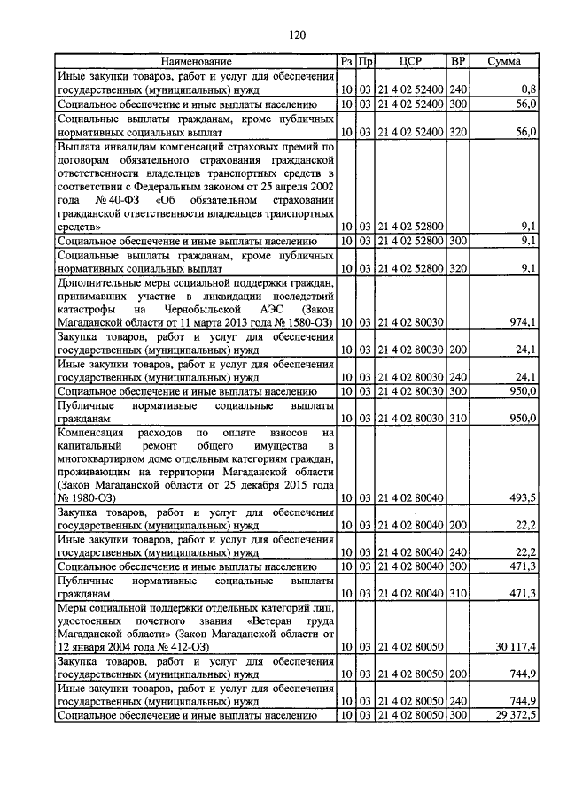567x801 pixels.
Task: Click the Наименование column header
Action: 196,62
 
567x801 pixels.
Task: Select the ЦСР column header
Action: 410,62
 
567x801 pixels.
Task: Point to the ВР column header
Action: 458,62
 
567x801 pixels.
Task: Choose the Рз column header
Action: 346,62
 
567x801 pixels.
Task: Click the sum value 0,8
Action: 529,89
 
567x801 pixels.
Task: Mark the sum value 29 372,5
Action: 514,714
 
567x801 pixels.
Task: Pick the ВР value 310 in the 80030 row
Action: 458,417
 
